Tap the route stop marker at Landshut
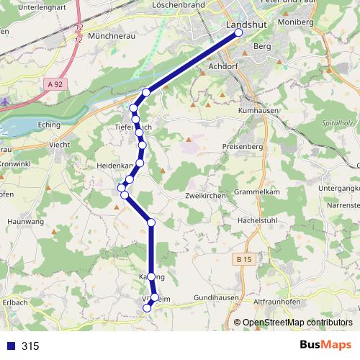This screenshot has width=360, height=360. tap(239, 32)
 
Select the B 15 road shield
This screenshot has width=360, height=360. tap(246, 258)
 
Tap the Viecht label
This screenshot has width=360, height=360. tap(59, 144)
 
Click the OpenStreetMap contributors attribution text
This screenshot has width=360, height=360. tap(298, 323)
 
